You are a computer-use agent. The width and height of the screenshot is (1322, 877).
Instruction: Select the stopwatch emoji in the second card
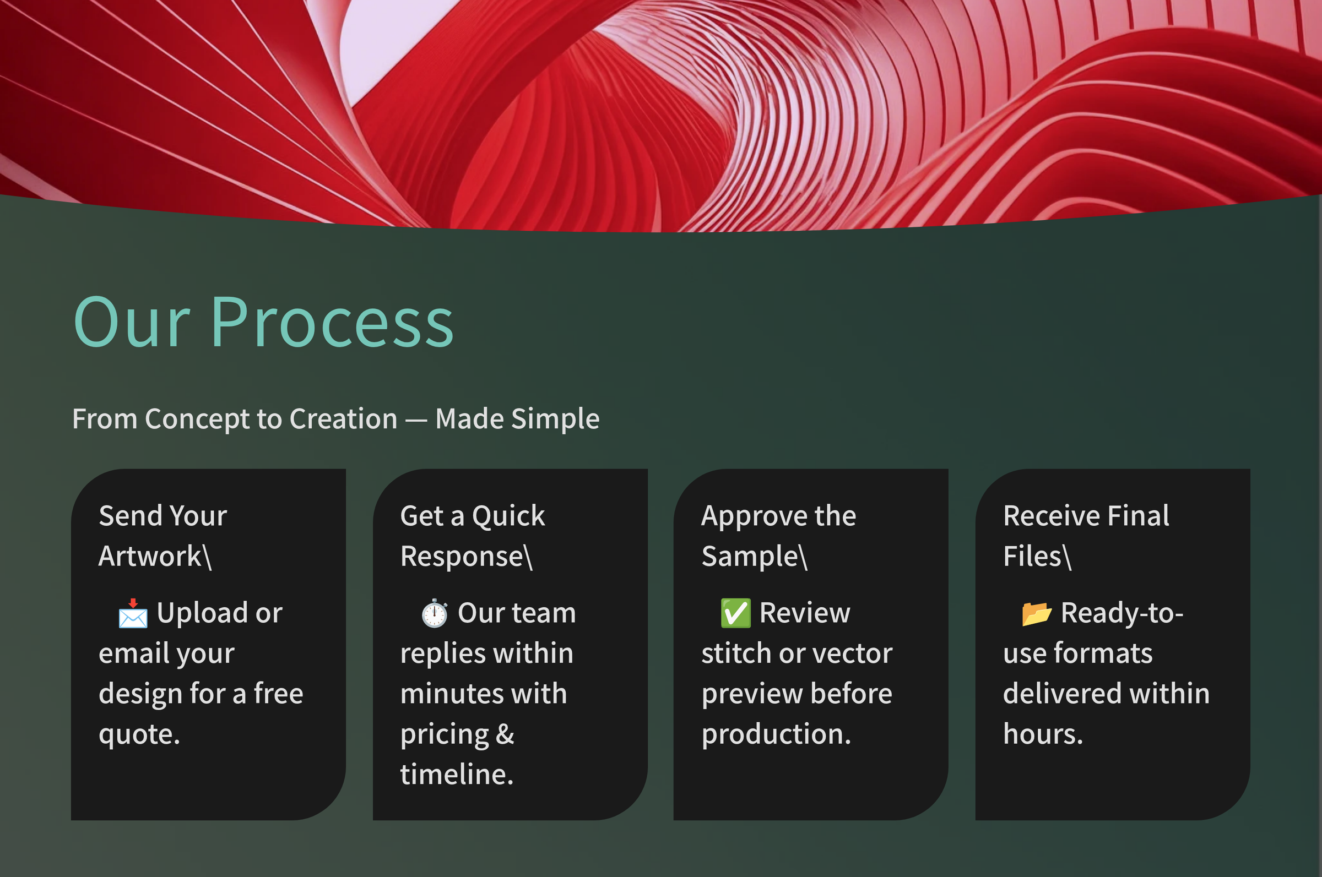pos(434,613)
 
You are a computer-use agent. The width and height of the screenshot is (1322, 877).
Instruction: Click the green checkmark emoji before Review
pos(736,613)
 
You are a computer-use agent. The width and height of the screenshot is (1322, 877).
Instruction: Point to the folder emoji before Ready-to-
pos(1037,613)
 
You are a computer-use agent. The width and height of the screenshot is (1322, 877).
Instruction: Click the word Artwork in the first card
pos(150,556)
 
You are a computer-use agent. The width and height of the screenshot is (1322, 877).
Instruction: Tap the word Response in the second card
pos(462,556)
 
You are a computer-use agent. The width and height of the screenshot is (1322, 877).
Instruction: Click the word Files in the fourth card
pos(1032,556)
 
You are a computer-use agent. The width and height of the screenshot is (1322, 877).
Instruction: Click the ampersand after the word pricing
pos(505,734)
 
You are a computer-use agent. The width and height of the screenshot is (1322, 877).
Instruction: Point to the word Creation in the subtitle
pos(344,418)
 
